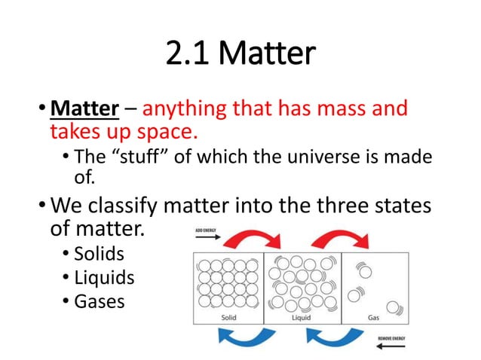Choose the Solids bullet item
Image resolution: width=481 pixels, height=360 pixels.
click(x=99, y=254)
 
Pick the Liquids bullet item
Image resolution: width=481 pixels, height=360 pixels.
click(x=104, y=278)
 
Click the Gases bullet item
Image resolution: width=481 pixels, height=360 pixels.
click(x=100, y=301)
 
